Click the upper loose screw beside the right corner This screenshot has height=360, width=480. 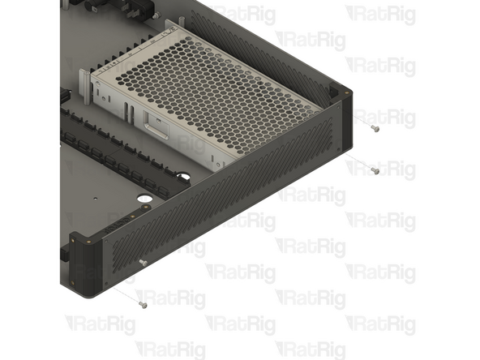tap(373, 128)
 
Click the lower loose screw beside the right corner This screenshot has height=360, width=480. tap(375, 171)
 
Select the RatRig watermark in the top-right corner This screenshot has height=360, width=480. tap(380, 13)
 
